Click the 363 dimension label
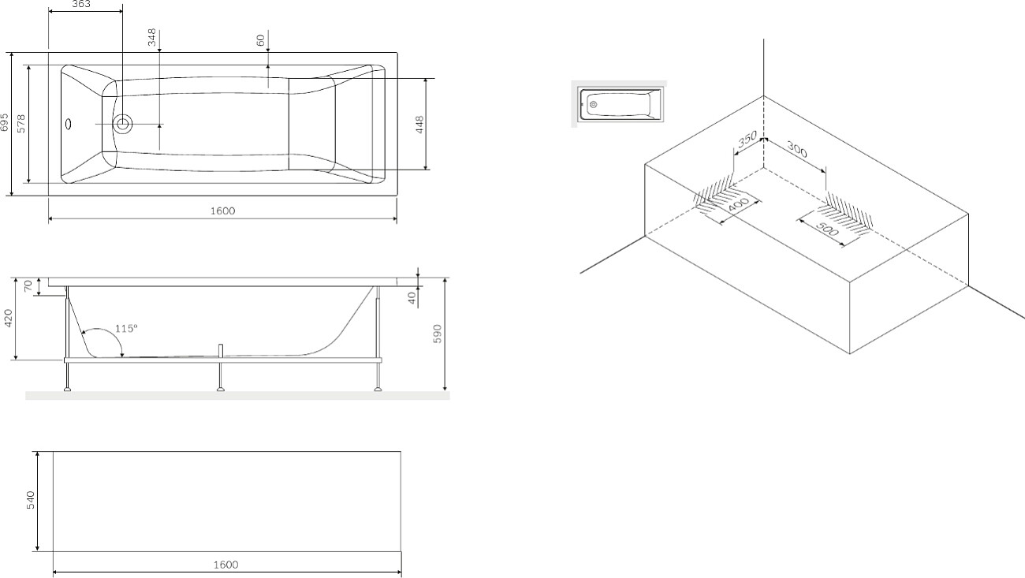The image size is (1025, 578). coord(81,4)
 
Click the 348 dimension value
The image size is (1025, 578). coord(152,37)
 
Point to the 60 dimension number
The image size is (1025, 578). coord(260,40)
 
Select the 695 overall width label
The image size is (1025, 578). coord(4,122)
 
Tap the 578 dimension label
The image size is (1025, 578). coord(21,124)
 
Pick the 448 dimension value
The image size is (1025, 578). coord(419,125)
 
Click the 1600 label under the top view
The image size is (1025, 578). coord(223,211)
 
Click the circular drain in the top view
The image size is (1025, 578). coord(123,124)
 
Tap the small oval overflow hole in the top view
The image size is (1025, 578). coord(69,124)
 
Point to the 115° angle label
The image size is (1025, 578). coord(126,329)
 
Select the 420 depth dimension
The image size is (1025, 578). coord(8,319)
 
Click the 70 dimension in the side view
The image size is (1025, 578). coord(28,286)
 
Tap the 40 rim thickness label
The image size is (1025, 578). coord(412,298)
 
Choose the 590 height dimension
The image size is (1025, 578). coord(437,334)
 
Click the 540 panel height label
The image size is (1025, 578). coord(30,500)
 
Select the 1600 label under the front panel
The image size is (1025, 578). coord(226,565)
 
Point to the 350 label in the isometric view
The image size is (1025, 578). coord(747,139)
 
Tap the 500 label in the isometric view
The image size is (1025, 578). coord(827,229)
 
